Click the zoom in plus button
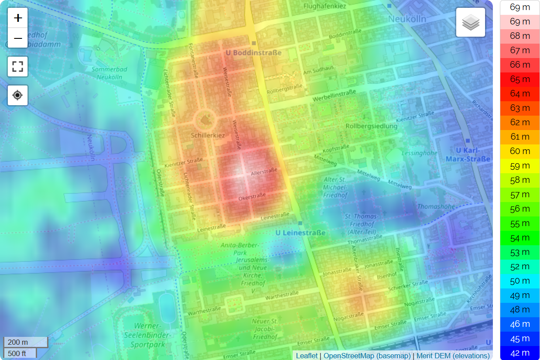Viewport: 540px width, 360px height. click(18, 18)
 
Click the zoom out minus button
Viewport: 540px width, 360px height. click(18, 38)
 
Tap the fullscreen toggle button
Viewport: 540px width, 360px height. click(18, 67)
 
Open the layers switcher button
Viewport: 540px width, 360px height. click(471, 22)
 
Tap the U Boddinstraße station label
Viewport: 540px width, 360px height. click(253, 53)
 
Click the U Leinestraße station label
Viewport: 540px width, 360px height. click(301, 233)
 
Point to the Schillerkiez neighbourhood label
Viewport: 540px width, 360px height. click(208, 135)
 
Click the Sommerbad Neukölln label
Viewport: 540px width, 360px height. click(107, 73)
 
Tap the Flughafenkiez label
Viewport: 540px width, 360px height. click(325, 7)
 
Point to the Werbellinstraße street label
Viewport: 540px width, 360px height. click(334, 96)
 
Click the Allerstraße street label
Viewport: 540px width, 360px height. click(263, 172)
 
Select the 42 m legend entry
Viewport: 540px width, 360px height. click(519, 353)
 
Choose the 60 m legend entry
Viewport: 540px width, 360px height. click(519, 151)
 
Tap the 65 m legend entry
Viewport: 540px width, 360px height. click(519, 79)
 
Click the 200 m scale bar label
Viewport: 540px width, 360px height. click(18, 342)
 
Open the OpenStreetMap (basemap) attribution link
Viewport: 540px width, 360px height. click(367, 356)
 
